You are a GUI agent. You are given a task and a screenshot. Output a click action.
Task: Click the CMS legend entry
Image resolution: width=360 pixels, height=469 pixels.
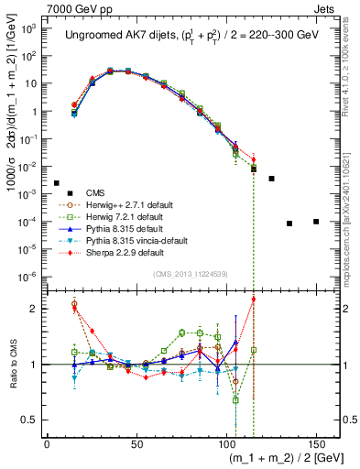pyautogui.click(x=95, y=192)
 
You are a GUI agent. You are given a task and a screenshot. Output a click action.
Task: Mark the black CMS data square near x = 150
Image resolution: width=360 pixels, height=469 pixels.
pyautogui.click(x=316, y=222)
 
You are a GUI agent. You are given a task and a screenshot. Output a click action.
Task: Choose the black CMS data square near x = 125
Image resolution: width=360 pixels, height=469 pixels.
pyautogui.click(x=271, y=179)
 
